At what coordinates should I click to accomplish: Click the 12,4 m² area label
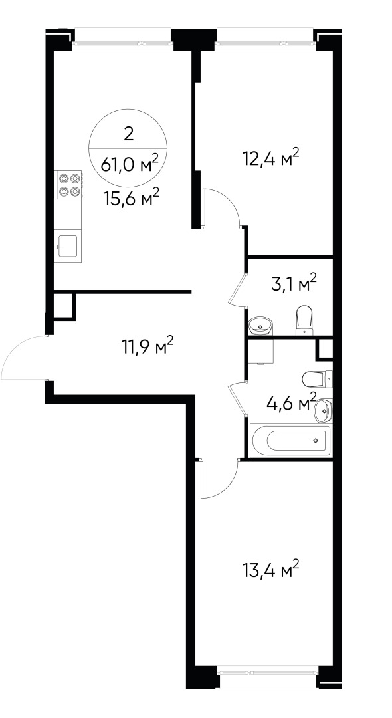270,159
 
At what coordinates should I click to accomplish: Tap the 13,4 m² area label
270,571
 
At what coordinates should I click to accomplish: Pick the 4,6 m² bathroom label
290,404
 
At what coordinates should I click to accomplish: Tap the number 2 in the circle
129,133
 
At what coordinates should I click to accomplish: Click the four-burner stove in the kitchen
69,184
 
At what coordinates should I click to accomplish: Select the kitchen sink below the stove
68,245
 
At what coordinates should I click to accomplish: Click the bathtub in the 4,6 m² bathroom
290,439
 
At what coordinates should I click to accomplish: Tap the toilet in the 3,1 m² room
304,320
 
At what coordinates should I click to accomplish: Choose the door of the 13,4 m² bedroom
219,480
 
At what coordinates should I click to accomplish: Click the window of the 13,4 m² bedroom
267,671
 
